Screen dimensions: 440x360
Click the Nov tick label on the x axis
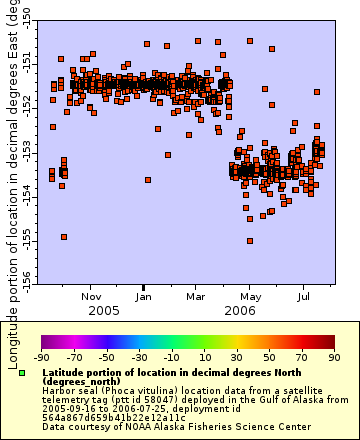[92, 296]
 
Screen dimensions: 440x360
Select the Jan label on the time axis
[144, 296]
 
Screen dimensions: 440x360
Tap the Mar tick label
[196, 296]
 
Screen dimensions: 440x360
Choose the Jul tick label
[304, 296]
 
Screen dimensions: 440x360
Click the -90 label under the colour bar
[41, 357]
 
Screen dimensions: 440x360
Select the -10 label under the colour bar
[171, 357]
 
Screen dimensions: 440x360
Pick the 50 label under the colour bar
[270, 357]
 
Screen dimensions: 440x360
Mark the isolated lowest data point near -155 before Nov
[64, 237]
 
